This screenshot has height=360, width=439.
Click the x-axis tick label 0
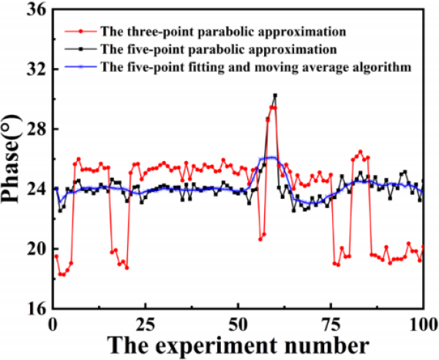click(52, 323)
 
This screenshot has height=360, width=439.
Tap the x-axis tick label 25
click(145, 323)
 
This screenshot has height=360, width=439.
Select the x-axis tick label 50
click(238, 323)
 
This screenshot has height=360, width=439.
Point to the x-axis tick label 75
click(331, 323)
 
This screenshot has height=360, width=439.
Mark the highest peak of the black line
click(275, 95)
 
